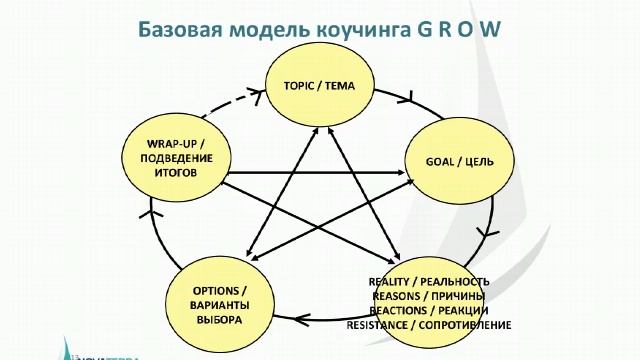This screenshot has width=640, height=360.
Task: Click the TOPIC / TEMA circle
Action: tap(319, 85)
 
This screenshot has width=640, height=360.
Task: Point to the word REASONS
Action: tap(399, 296)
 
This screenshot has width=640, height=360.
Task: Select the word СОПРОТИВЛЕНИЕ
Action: tap(468, 325)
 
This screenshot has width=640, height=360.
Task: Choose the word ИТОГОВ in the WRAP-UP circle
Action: tap(167, 172)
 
